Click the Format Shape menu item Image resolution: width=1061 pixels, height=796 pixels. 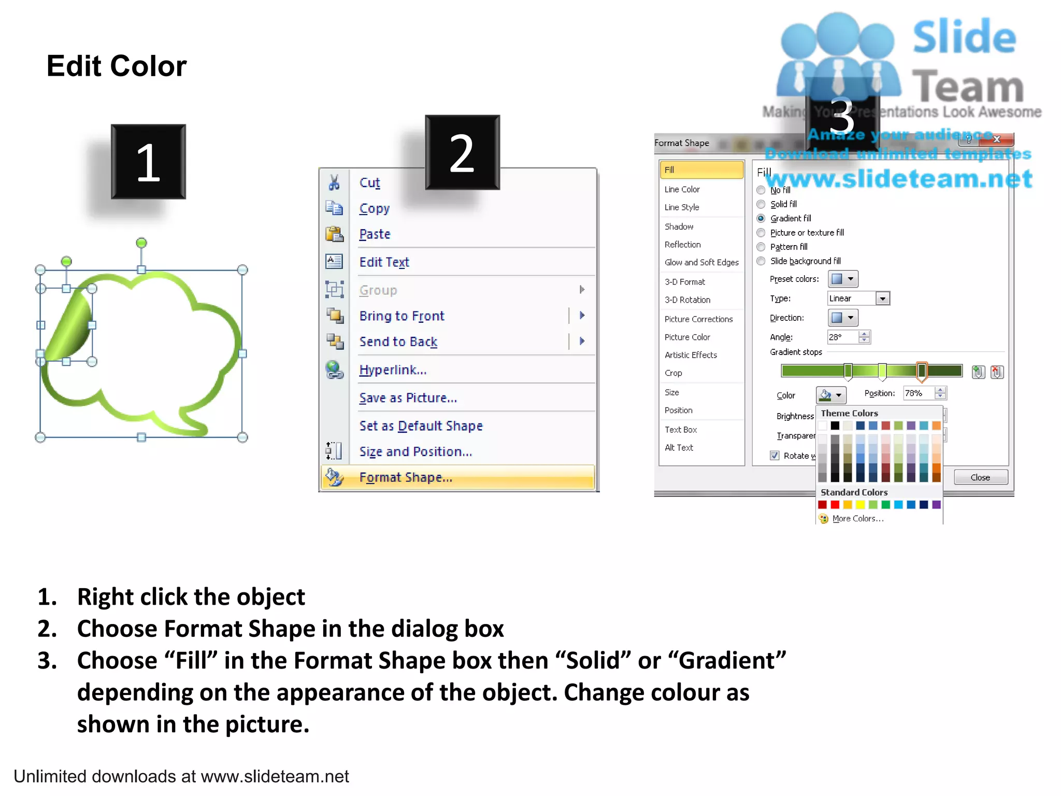tap(406, 477)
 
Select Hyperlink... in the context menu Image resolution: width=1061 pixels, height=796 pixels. tap(393, 370)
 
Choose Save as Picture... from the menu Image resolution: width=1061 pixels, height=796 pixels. tap(408, 398)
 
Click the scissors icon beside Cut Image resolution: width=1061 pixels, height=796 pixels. tap(334, 182)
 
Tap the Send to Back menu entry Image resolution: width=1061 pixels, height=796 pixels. tap(398, 342)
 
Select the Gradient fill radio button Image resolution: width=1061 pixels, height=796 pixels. tap(761, 219)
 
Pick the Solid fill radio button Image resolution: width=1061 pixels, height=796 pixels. tap(761, 204)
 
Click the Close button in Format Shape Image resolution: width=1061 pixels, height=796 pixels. tap(980, 477)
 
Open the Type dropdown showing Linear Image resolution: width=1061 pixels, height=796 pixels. tap(883, 298)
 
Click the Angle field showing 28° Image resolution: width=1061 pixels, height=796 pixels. tap(842, 337)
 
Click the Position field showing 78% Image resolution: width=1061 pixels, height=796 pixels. tap(919, 393)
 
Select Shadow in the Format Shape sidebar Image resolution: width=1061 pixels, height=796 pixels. tap(679, 226)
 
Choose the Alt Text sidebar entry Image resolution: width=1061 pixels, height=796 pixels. tap(679, 448)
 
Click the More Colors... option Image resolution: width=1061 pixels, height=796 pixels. tap(857, 519)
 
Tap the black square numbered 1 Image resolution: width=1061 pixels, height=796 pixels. tap(148, 162)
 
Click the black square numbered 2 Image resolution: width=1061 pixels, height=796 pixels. tap(462, 152)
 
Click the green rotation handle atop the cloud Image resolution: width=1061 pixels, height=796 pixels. tap(141, 243)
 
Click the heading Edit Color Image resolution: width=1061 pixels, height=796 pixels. tap(117, 66)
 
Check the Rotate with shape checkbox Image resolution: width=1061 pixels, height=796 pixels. tap(775, 456)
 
